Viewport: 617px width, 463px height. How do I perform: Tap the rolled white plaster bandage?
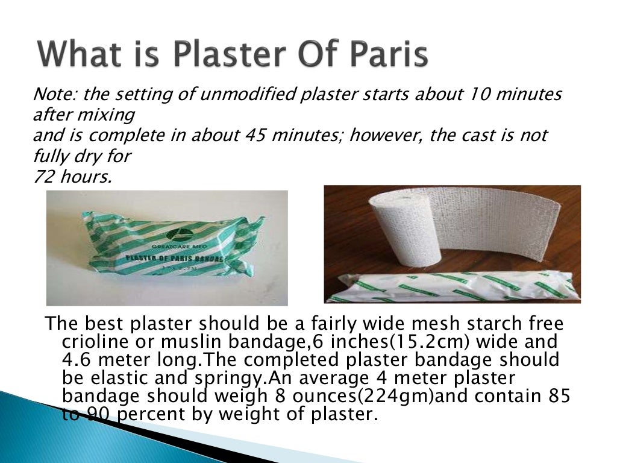tap(399, 232)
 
